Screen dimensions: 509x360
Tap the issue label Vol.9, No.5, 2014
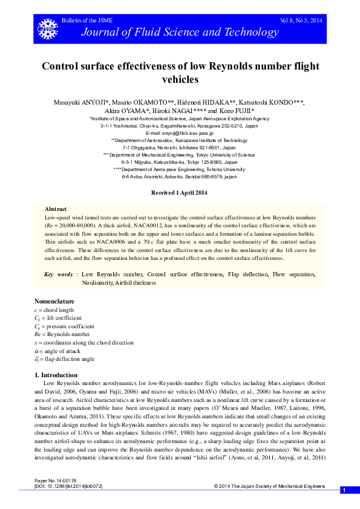(301, 21)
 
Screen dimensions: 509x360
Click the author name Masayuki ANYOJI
(79, 102)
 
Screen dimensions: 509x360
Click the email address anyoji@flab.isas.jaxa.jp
(179, 133)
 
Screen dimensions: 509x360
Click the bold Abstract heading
(56, 207)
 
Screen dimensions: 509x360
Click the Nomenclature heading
(54, 301)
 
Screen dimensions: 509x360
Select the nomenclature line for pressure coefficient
(65, 326)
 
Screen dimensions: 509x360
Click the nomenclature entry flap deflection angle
(65, 358)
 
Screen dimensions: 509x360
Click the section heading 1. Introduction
(55, 375)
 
